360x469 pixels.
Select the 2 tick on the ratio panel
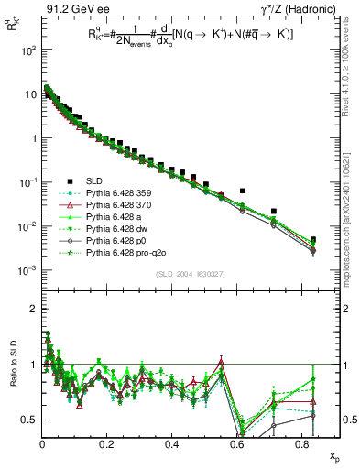[32, 309]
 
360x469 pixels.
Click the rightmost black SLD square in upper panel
[313, 240]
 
